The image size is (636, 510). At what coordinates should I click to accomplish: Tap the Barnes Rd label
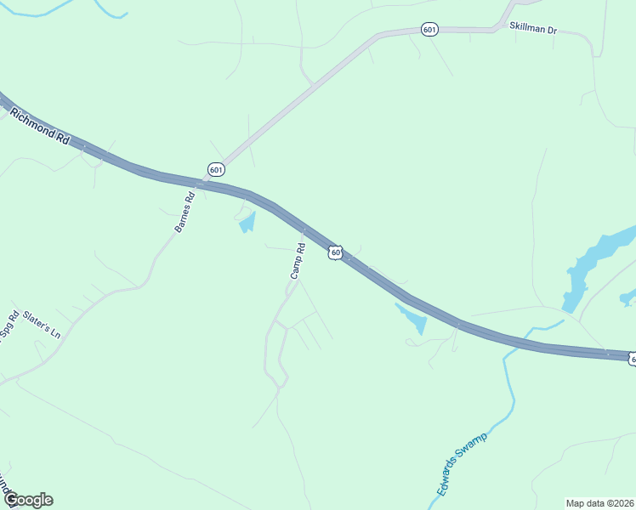pos(185,212)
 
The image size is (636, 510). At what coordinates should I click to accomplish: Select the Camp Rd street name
pos(297,262)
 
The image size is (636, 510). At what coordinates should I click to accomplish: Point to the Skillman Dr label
pos(532,28)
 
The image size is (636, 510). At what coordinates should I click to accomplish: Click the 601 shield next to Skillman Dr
pos(429,30)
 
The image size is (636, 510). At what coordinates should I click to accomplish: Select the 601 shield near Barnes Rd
pos(216,169)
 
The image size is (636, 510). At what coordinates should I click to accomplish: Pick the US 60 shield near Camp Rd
pos(336,252)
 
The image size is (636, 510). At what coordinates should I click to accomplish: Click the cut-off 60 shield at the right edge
pos(632,360)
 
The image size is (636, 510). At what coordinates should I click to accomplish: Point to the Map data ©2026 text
pos(600,502)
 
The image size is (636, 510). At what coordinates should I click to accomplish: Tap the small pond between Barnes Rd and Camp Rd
pos(247,224)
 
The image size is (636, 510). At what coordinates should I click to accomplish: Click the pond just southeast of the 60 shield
pos(412,317)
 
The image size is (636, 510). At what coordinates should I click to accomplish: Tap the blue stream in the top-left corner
pos(111,13)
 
